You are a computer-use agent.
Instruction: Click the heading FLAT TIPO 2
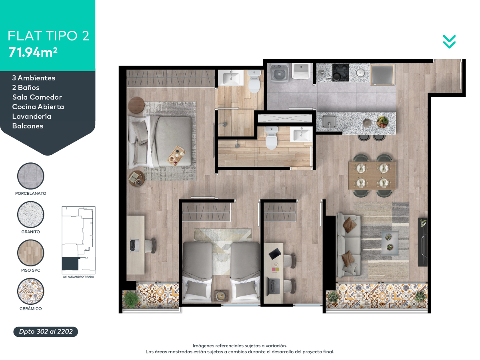tap(48, 36)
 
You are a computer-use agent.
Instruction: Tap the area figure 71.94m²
tap(33, 52)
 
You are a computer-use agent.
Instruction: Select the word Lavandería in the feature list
tap(32, 116)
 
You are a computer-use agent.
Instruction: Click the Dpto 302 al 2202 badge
tap(46, 332)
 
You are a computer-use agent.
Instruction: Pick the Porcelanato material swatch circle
tap(31, 176)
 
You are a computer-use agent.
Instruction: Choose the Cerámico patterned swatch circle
tap(31, 291)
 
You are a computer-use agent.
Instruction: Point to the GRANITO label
tap(31, 232)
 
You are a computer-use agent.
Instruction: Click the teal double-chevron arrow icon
tap(449, 42)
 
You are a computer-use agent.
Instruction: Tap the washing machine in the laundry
tap(279, 73)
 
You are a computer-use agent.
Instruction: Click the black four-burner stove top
tap(340, 72)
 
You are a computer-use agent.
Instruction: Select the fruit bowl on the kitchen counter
tap(382, 122)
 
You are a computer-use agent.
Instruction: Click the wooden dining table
tap(372, 176)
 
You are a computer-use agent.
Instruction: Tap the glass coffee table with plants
tap(390, 243)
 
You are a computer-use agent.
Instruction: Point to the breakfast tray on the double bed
tap(177, 156)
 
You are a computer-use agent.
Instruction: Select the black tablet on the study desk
tap(275, 254)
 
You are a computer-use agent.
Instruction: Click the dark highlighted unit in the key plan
tap(70, 264)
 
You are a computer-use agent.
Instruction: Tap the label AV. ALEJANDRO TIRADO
tap(78, 277)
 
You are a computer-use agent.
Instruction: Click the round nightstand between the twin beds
tap(221, 296)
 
